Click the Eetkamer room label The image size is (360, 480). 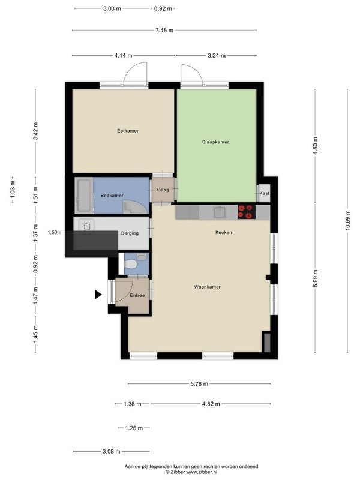pos(128,131)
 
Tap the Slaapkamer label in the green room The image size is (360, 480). pos(215,142)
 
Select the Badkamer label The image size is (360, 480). pos(112,196)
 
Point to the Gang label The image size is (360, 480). pos(163,190)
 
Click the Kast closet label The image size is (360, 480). pos(264,193)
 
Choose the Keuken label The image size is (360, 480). pos(223,232)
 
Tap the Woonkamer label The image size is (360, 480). pos(207,287)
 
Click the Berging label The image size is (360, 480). pos(130,233)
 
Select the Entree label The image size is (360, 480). pos(137,295)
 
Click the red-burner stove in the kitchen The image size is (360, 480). pos(247,212)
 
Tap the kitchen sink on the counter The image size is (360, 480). pos(220,212)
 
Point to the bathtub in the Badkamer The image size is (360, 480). pos(83,196)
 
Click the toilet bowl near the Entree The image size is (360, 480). pos(131,264)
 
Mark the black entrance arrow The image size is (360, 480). pos(98,295)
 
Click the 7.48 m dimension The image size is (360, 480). pos(164,31)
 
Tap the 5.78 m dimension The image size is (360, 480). pos(199,384)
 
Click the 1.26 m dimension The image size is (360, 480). pos(134,428)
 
